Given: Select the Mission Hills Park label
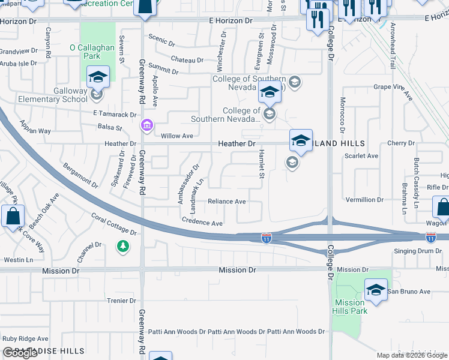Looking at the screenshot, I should pos(351,307).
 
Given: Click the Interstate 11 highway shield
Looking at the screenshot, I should pos(266,239).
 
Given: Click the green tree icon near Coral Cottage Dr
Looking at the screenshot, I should pos(122,246).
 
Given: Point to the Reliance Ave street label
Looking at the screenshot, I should pos(226,202).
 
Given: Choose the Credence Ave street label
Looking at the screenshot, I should pos(202,223).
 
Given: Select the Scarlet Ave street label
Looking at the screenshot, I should pos(361,156).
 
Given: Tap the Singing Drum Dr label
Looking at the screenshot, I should pos(418,251).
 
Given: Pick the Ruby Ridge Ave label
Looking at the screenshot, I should pos(25,338).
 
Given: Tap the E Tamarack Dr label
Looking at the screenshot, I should pos(115,114).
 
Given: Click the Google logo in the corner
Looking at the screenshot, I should pos(20,353).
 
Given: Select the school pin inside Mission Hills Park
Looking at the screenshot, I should pos(376,289).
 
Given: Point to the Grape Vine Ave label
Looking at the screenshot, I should pos(393,91).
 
